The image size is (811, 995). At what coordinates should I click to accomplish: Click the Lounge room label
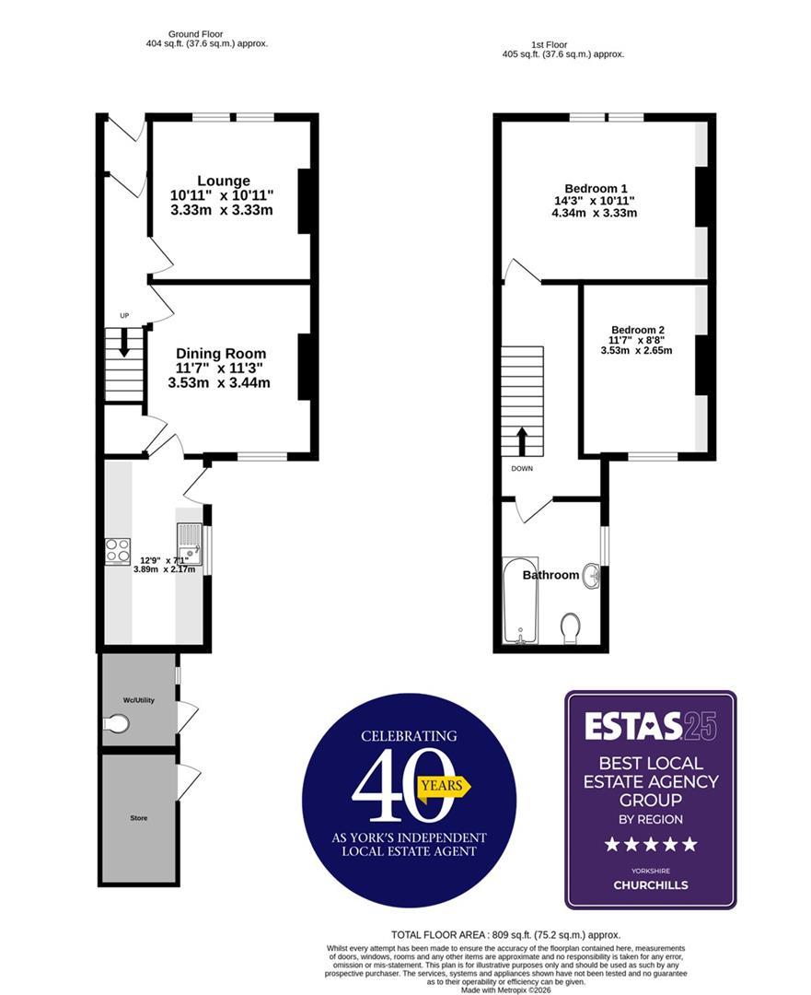[222, 181]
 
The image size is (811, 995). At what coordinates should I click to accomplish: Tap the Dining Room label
[220, 354]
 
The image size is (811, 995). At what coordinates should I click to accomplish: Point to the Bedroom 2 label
[637, 330]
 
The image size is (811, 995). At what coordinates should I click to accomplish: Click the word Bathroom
[550, 575]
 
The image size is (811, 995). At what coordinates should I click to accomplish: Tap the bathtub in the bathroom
[521, 599]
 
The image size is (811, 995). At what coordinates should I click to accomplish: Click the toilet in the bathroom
[571, 627]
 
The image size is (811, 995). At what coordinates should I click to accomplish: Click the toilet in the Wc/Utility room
[116, 725]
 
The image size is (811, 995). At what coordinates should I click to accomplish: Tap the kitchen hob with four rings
[117, 550]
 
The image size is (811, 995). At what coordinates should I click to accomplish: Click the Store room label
[138, 818]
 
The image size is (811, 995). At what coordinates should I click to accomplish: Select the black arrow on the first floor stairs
[521, 440]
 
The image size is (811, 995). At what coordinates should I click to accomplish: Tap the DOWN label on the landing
[521, 468]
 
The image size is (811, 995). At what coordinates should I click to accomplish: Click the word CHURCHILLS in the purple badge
[650, 885]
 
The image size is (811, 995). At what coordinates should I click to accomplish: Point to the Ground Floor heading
[196, 34]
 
